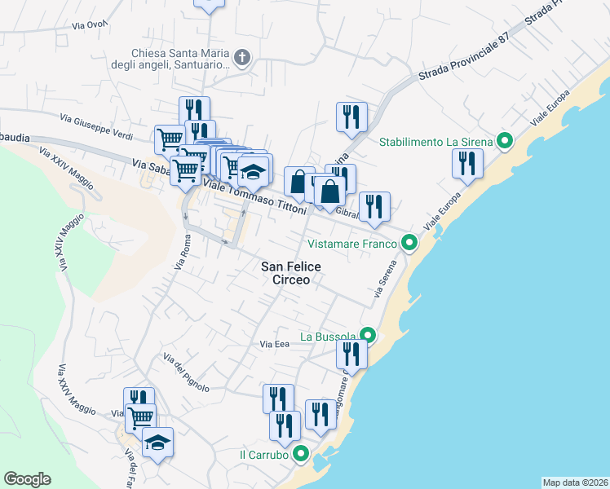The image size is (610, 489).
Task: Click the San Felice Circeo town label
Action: pyautogui.click(x=291, y=272)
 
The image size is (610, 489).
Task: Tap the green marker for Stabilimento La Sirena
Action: pyautogui.click(x=505, y=142)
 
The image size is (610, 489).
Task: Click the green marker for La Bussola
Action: pyautogui.click(x=368, y=336)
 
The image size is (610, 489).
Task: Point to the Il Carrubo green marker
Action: pyautogui.click(x=302, y=455)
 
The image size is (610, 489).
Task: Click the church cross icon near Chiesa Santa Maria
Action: pyautogui.click(x=241, y=57)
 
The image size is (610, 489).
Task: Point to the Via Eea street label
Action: pyautogui.click(x=275, y=345)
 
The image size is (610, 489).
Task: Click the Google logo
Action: pyautogui.click(x=27, y=479)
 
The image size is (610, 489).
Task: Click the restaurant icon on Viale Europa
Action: pyautogui.click(x=467, y=163)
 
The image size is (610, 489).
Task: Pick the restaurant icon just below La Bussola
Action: pyautogui.click(x=351, y=353)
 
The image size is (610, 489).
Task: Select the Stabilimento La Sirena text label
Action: pyautogui.click(x=436, y=142)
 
